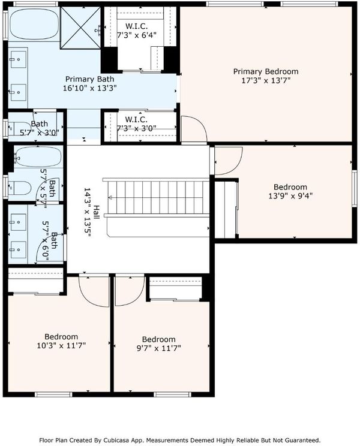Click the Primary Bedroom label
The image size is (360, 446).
pyautogui.click(x=266, y=72)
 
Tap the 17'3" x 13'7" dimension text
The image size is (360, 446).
pyautogui.click(x=266, y=80)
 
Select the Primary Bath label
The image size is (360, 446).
pyautogui.click(x=89, y=79)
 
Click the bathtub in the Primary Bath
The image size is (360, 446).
pyautogui.click(x=34, y=24)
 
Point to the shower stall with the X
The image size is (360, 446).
pyautogui.click(x=80, y=28)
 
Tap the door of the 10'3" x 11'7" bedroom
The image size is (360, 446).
pyautogui.click(x=94, y=291)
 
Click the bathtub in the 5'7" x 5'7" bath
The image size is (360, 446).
pyautogui.click(x=38, y=156)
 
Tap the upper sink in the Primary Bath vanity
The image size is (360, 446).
pyautogui.click(x=19, y=59)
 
